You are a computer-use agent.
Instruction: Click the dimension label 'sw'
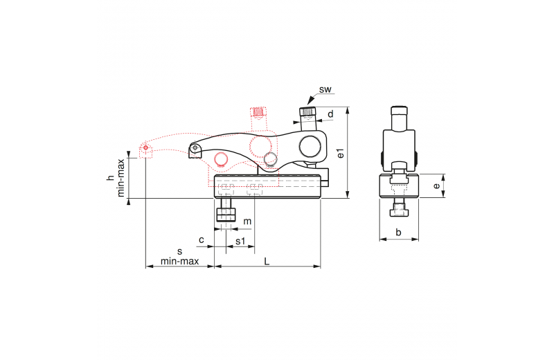coord(325,90)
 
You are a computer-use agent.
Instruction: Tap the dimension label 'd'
coord(331,114)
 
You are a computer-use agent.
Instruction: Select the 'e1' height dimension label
coord(341,153)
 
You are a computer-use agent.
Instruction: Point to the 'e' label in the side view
coord(437,186)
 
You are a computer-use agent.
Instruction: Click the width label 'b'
coord(399,232)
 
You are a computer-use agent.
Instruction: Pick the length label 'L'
coord(267,262)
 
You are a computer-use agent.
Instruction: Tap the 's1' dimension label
coord(240,241)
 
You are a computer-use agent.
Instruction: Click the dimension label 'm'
coord(247,222)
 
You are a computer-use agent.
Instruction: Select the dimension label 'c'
coord(202,240)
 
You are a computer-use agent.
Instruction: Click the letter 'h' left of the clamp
coord(111,178)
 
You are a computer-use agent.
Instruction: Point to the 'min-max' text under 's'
coord(180,262)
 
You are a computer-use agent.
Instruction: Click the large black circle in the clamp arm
coord(310,147)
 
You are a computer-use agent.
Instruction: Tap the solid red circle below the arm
coord(222,159)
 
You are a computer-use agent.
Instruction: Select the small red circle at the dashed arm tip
coord(145,147)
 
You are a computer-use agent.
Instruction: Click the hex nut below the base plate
coord(226,215)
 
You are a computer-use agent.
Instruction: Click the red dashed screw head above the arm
coord(258,111)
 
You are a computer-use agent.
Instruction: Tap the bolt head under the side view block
coord(400,212)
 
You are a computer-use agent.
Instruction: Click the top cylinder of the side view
coord(400,118)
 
